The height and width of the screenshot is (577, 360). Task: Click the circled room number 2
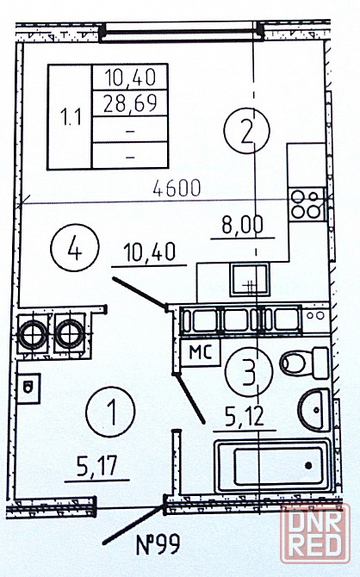pos(246,131)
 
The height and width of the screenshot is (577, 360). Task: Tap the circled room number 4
pos(75,248)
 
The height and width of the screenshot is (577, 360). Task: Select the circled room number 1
pos(110,412)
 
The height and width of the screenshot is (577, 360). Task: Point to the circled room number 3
pos(250,371)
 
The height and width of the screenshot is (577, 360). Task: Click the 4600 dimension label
pos(177,188)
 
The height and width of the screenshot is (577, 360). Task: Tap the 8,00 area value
pos(243,225)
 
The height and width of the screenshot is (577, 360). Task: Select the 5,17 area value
pos(96,466)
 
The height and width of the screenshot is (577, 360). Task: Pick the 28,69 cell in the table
pos(130,103)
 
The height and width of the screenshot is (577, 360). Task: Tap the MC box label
pos(201,352)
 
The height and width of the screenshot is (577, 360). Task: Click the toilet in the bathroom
pos(304,363)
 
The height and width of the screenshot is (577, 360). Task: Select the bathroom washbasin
pos(314,410)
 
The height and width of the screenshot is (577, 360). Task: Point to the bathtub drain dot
pos(308,466)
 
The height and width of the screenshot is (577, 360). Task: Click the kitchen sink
pos(250,279)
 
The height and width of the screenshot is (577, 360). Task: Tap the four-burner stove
pos(307,204)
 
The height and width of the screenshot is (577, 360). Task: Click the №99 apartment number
pos(158,544)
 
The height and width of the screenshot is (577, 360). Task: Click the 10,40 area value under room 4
pos(150,253)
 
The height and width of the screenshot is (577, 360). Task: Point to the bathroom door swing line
pos(189,398)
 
